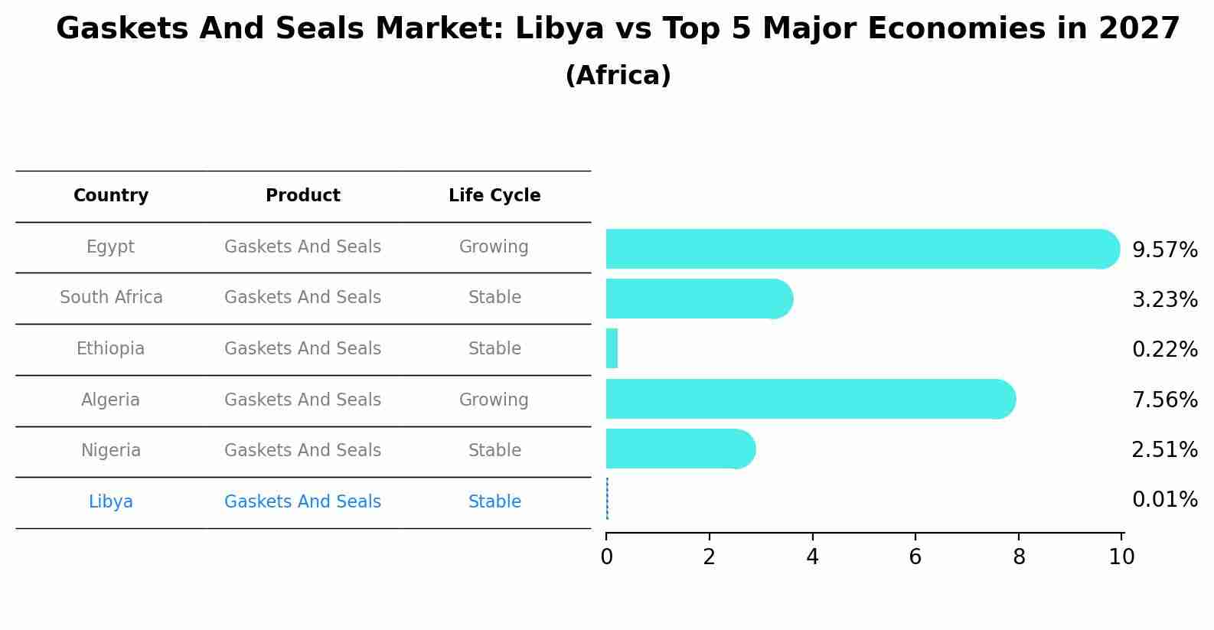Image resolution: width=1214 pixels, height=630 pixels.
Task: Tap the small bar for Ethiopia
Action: coord(612,349)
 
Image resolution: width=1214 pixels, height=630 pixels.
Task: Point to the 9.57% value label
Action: coord(1164,250)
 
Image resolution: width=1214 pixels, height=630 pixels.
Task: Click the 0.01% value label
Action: coord(1164,500)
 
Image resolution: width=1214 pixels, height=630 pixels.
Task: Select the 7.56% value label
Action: coord(1164,400)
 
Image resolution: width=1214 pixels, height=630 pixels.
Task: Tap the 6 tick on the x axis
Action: coord(915,557)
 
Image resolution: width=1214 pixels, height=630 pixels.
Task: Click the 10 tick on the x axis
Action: coord(1121,557)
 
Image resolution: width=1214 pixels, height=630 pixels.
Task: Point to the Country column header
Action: coord(111,196)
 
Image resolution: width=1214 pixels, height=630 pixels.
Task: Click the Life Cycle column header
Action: coord(494,196)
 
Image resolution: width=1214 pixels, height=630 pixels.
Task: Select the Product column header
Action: coord(303,196)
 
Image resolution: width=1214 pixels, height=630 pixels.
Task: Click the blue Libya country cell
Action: coord(111,502)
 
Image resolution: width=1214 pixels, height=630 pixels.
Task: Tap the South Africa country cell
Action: coord(111,298)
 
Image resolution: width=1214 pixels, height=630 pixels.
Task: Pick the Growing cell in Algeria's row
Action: coord(494,400)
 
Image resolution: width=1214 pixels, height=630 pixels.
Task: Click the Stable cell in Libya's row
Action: coord(494,502)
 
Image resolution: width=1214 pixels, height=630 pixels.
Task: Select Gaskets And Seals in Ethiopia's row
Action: coord(302,349)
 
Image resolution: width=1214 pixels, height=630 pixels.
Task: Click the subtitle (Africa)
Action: coord(618,76)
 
